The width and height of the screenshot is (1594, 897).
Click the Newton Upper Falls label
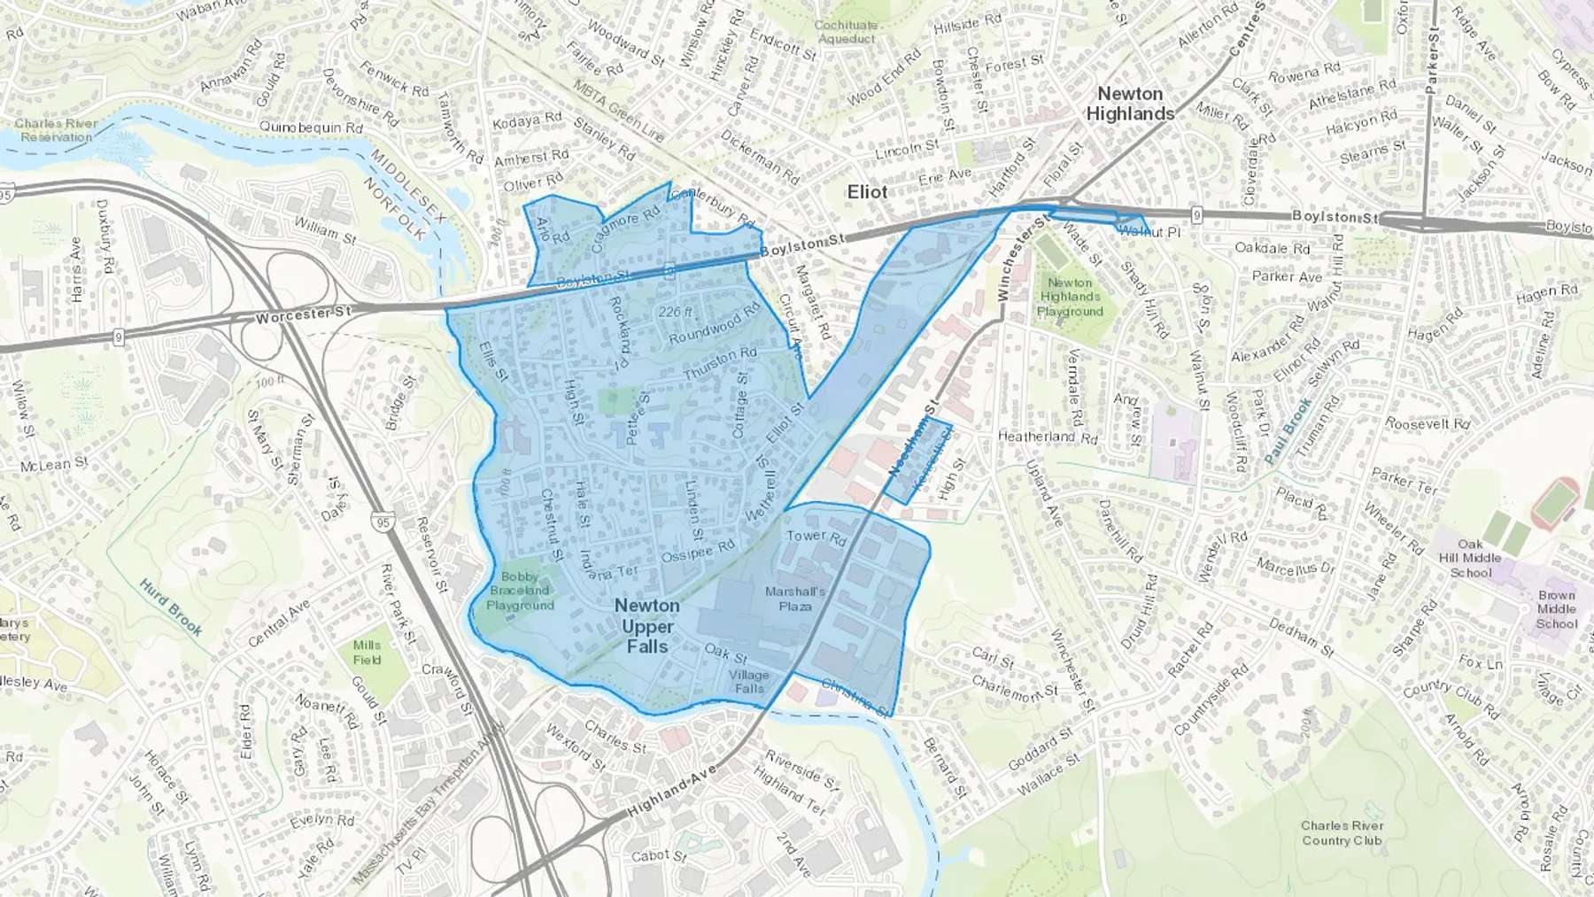tap(647, 626)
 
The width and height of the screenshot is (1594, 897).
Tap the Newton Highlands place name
tap(1130, 104)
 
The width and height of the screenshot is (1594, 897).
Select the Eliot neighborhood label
tap(867, 192)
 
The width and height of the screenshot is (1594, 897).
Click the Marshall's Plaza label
tap(795, 599)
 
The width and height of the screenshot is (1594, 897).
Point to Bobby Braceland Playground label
tap(520, 591)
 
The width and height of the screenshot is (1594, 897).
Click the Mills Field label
tap(367, 653)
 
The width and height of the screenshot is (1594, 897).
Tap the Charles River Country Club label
tap(1342, 832)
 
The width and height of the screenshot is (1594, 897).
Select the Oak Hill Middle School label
tap(1470, 559)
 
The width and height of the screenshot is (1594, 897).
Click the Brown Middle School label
tap(1556, 609)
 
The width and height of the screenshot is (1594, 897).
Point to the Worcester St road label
tap(304, 315)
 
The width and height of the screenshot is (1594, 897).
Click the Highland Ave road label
tap(671, 792)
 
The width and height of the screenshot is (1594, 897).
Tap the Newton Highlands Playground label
tap(1070, 297)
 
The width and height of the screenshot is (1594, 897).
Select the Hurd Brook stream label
tap(172, 607)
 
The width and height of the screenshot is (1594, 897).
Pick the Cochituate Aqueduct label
tap(846, 32)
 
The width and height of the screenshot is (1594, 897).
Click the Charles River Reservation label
tap(56, 130)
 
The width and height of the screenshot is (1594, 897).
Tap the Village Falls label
tap(748, 681)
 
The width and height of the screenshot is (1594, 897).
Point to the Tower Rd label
tap(816, 536)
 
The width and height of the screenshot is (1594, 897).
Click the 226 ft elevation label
tap(676, 312)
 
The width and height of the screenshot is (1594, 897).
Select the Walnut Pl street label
tap(1149, 232)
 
